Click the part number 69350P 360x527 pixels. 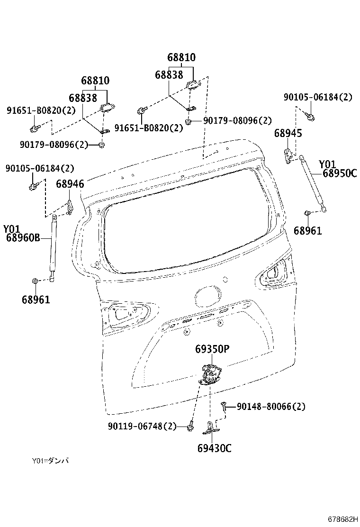coord(212,349)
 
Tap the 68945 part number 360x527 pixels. coord(288,134)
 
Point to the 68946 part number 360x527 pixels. coord(70,184)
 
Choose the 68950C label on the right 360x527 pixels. coord(340,173)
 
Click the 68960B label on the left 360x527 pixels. coord(23,238)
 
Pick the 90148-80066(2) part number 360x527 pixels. coord(271,407)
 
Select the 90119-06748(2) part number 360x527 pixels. coord(142,427)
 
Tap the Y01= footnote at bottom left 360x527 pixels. coord(50,461)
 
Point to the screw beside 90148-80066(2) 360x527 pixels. coord(225,407)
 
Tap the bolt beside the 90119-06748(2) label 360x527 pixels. coord(189,427)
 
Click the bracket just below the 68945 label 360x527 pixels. coord(288,154)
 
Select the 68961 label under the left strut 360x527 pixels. coord(36,300)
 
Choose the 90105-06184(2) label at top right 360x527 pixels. coord(318,97)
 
